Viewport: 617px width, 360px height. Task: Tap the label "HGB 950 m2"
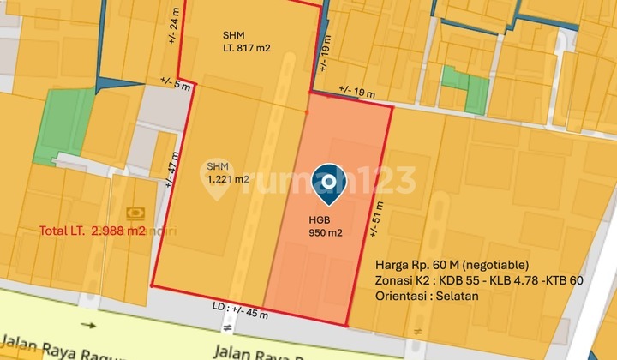[x=326, y=225]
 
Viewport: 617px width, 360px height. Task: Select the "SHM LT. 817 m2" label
[x=246, y=42]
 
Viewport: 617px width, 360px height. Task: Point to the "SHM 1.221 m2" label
[x=228, y=173]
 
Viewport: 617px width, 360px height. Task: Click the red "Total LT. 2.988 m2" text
[x=93, y=231]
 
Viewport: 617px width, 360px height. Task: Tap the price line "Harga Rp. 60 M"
[x=452, y=264]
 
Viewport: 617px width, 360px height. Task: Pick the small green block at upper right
[x=464, y=88]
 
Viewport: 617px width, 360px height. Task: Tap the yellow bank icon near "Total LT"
[x=135, y=212]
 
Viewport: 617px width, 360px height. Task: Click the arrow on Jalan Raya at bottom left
[x=89, y=326]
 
